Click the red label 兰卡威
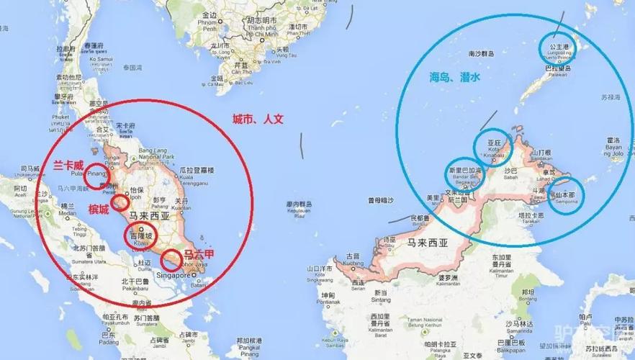point(68,165)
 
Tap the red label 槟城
point(99,209)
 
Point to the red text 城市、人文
point(257,119)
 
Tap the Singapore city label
point(171,275)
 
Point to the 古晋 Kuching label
point(352,258)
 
